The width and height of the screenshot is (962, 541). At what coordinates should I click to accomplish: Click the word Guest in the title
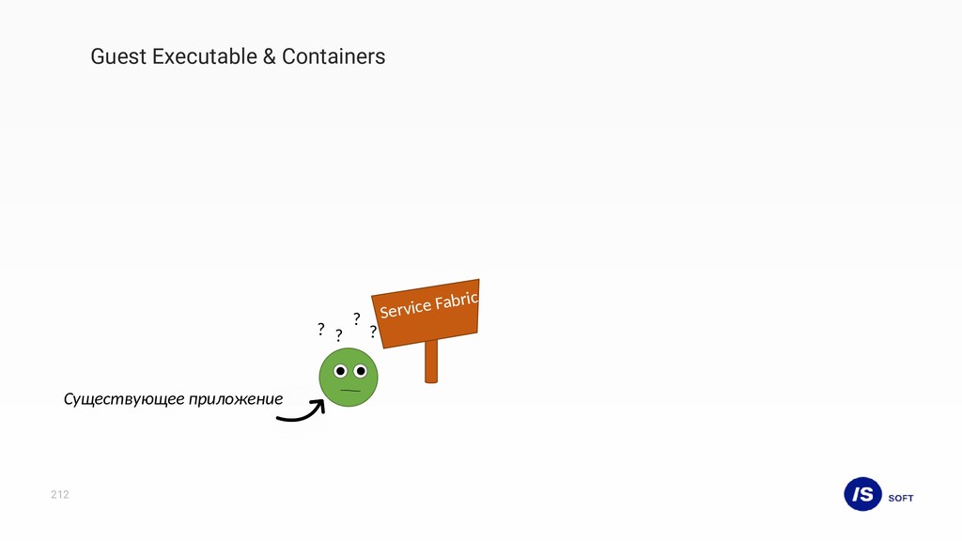coord(118,56)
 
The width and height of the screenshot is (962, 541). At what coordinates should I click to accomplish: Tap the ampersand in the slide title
coord(270,56)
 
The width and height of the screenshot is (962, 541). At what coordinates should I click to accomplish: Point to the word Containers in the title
coord(334,56)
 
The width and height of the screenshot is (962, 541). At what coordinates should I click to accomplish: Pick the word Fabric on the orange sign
coord(458,299)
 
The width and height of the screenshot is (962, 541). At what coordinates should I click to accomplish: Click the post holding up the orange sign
coord(431,361)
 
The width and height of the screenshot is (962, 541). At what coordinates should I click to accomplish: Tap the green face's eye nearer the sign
coord(360,371)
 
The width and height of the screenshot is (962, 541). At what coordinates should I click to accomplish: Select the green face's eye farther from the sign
coord(340,371)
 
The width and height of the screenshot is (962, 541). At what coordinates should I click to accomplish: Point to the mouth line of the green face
coord(350,390)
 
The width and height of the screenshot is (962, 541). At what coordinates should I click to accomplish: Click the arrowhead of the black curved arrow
coord(318,406)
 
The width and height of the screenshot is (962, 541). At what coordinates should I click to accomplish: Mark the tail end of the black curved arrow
coord(280,418)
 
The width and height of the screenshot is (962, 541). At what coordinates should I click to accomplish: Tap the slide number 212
coord(60,495)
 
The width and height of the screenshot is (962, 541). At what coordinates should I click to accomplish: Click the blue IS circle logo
coord(862,493)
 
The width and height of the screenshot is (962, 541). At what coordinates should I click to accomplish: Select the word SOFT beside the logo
coord(901,498)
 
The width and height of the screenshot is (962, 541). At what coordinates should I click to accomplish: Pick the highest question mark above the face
coord(357,319)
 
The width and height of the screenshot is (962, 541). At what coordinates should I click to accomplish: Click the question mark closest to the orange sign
coord(373,332)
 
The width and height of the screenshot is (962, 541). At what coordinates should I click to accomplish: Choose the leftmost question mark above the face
coord(320,330)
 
